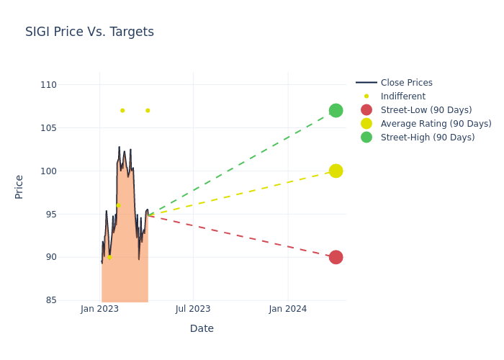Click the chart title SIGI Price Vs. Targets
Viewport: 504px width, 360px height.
[89, 32]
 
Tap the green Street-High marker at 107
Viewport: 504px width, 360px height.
[336, 110]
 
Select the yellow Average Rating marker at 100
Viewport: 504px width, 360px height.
[336, 171]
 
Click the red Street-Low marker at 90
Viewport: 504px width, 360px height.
[336, 257]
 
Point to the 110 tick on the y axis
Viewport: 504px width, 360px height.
[48, 85]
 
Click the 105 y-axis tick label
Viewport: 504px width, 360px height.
[48, 128]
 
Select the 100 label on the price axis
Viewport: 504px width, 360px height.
[48, 171]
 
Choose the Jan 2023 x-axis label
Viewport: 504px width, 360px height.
[99, 309]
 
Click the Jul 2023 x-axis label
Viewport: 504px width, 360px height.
[193, 309]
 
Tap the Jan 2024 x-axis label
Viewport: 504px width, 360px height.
[287, 309]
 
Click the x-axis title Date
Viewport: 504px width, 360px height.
[202, 328]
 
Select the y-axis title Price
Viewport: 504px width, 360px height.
[19, 186]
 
